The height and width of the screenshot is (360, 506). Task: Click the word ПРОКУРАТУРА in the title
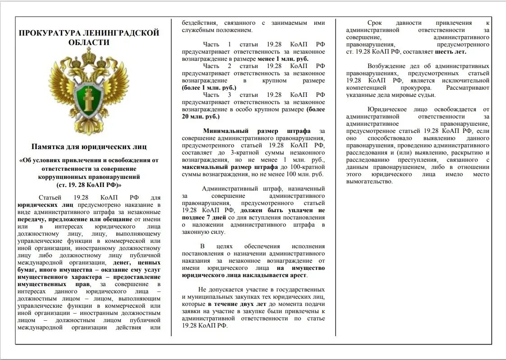[48, 33]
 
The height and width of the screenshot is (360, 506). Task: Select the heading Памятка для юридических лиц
[89, 146]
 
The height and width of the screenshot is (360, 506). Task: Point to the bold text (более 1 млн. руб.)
[209, 88]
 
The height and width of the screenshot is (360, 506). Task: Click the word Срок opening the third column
[375, 23]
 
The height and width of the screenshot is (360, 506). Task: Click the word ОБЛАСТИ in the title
[89, 43]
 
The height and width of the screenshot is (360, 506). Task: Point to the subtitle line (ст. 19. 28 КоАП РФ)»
[89, 185]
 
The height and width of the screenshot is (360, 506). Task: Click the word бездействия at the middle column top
[198, 23]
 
